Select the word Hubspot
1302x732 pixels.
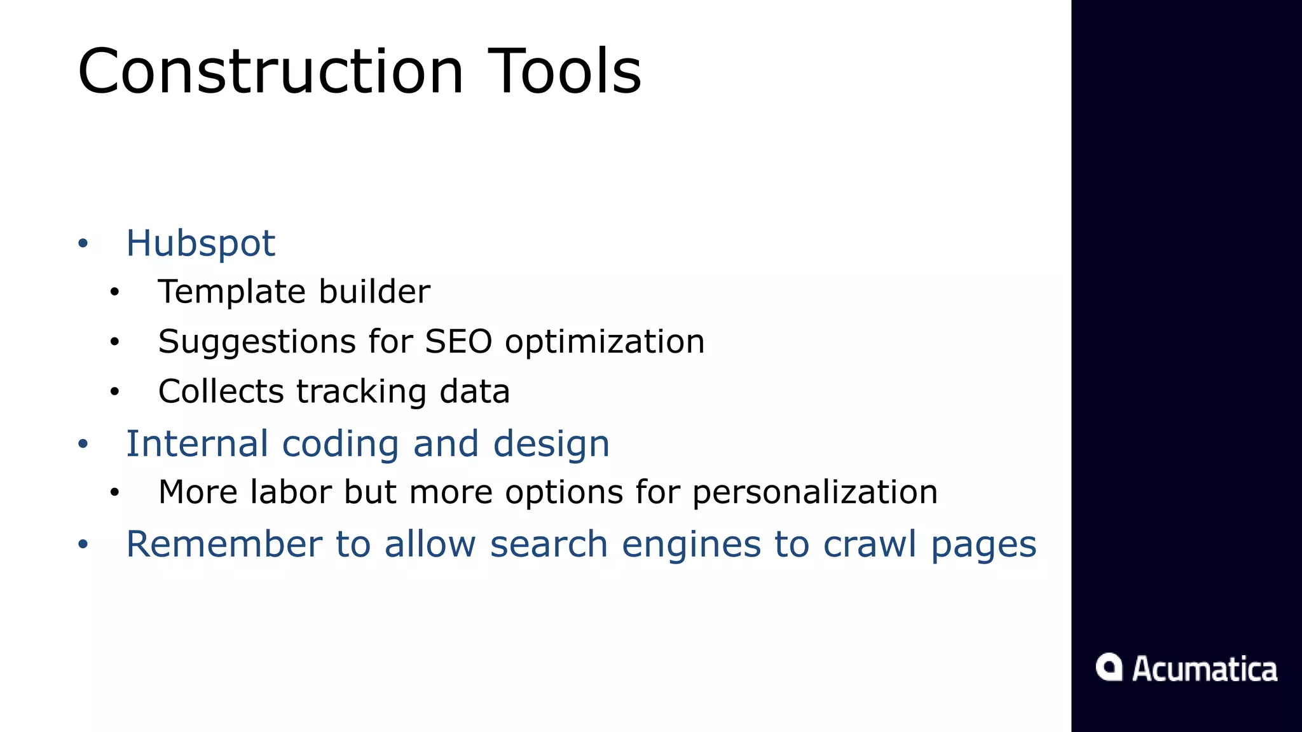tap(200, 243)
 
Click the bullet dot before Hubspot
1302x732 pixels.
tap(83, 243)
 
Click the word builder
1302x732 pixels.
tap(374, 292)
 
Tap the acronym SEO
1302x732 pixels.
tap(458, 342)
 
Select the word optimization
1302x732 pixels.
tap(605, 342)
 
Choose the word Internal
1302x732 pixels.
tap(197, 444)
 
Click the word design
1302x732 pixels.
tap(551, 444)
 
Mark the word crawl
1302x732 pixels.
tap(870, 545)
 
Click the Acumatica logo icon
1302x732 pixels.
tap(1109, 667)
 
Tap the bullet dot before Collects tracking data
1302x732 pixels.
tap(114, 392)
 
